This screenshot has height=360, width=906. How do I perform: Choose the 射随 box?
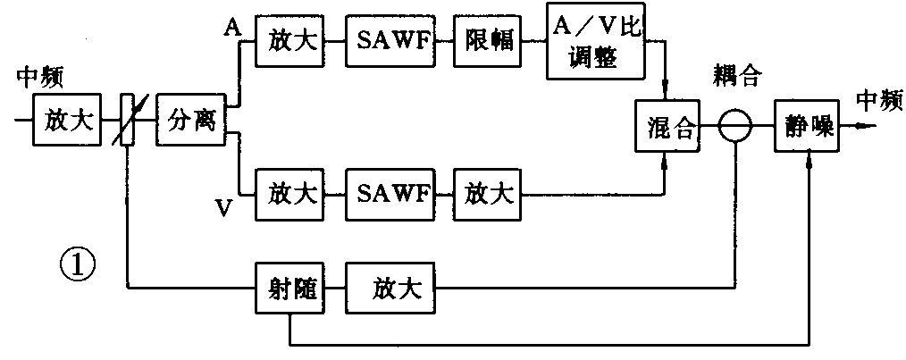point(287,289)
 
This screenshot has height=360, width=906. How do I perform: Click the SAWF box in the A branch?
point(390,40)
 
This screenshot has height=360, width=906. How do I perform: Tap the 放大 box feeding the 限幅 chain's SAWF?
point(288,40)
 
